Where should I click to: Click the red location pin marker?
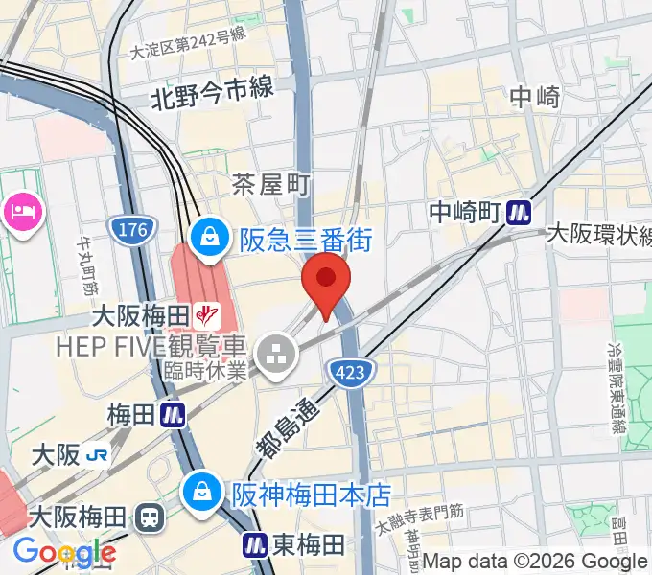(x=326, y=280)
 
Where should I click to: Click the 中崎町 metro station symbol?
(x=520, y=210)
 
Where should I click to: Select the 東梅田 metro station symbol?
(x=254, y=545)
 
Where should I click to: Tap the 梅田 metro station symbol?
(x=173, y=415)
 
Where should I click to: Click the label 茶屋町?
(x=271, y=184)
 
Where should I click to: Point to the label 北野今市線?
(x=211, y=91)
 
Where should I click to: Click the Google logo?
(x=64, y=552)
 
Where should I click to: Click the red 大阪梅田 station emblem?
(x=204, y=312)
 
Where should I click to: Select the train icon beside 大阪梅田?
(x=151, y=518)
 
